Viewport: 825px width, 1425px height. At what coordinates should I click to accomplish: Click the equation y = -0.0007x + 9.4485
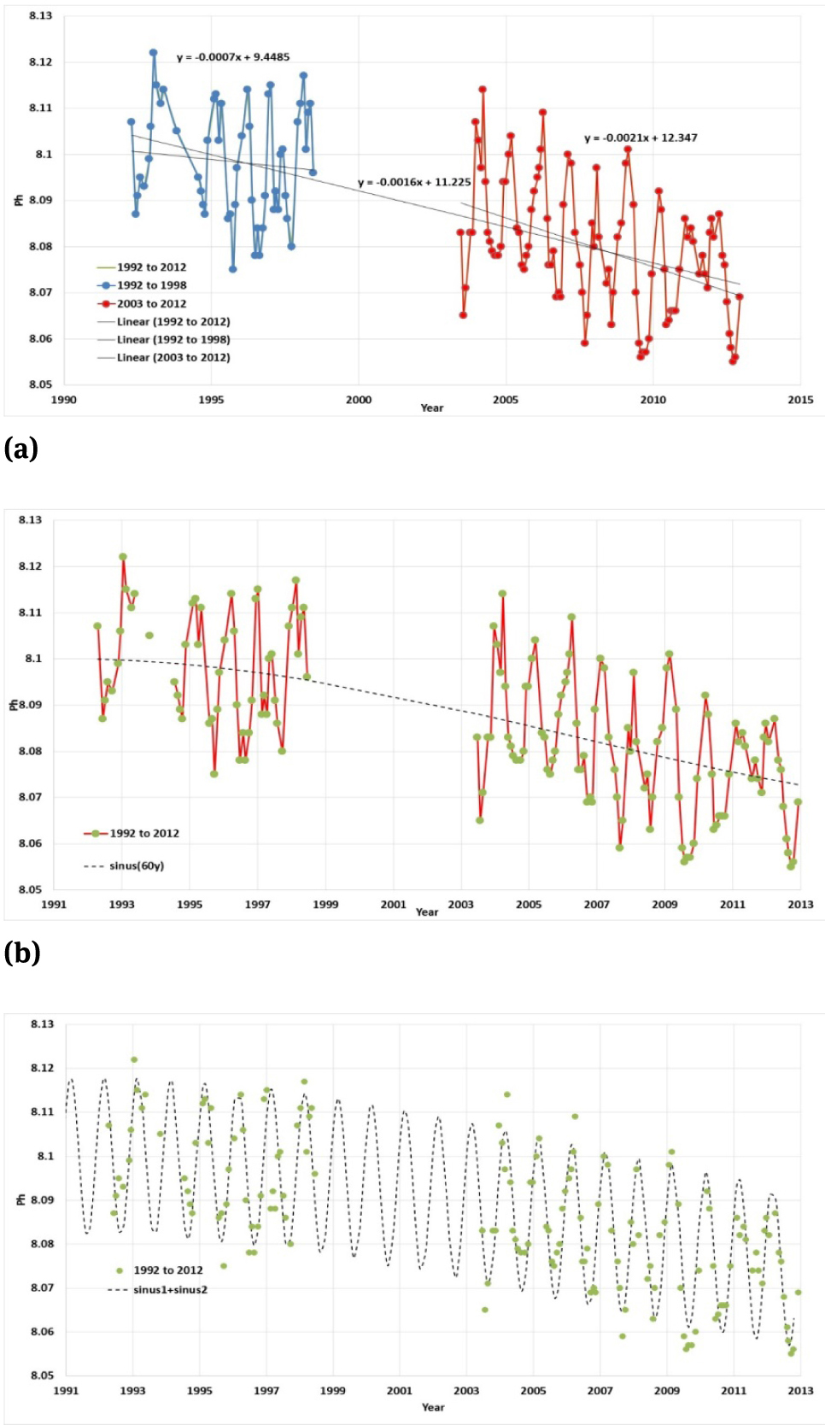232,57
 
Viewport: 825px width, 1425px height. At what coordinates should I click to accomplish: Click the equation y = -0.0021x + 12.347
640,138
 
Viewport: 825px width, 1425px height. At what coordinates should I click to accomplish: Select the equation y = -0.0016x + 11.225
413,182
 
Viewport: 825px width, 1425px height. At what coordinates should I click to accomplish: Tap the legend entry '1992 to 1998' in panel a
151,285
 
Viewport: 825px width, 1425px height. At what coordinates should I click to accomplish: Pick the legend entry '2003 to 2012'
151,303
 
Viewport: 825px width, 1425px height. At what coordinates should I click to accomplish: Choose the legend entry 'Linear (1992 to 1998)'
173,339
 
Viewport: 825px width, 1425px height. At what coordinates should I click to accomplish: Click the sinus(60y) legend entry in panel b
136,865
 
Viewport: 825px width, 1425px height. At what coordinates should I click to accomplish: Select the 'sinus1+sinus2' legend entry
170,1289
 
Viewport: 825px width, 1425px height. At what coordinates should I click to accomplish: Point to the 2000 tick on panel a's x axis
358,400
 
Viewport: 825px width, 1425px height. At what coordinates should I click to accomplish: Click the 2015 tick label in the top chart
799,400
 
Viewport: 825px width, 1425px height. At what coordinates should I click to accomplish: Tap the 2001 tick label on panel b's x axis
393,904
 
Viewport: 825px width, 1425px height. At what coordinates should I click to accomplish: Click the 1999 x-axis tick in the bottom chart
332,1390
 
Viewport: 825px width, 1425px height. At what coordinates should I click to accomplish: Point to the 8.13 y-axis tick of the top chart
39,16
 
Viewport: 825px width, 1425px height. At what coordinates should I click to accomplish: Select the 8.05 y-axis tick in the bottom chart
41,1375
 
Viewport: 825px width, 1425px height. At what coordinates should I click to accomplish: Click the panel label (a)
21,448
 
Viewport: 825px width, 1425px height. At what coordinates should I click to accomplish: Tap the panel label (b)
22,952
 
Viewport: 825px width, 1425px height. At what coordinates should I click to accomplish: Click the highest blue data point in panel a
154,52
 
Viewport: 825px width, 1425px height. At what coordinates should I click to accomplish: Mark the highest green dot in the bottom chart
134,1059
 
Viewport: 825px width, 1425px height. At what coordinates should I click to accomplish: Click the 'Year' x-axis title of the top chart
431,408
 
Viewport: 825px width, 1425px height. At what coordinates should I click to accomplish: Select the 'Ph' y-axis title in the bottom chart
21,1199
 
